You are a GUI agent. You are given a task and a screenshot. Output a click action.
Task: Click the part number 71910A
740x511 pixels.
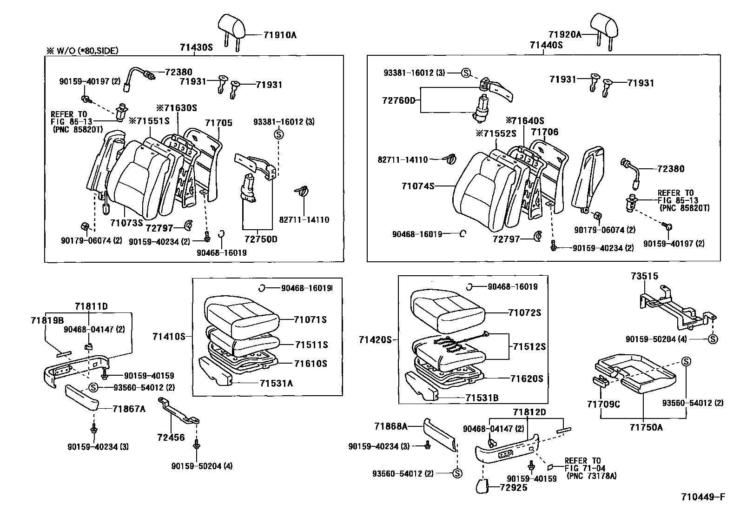point(280,35)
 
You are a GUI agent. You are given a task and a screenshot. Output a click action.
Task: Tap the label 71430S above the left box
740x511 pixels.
point(196,47)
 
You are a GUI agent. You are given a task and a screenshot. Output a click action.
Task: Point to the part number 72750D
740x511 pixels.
point(261,239)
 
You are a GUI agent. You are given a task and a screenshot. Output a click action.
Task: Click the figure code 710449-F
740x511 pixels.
point(703,497)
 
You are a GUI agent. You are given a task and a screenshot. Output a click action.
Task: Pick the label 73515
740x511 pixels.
point(644,276)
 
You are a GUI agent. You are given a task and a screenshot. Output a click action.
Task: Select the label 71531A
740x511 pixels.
point(276,383)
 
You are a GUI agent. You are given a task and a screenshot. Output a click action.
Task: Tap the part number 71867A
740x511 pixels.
point(129,409)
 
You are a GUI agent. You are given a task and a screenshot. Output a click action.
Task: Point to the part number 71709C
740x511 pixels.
point(603,404)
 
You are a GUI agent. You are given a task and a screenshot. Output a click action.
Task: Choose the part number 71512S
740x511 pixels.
point(529,346)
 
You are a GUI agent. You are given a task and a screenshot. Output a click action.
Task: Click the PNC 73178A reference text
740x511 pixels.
point(591,476)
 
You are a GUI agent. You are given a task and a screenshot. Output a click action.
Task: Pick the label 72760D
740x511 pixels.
point(399,100)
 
